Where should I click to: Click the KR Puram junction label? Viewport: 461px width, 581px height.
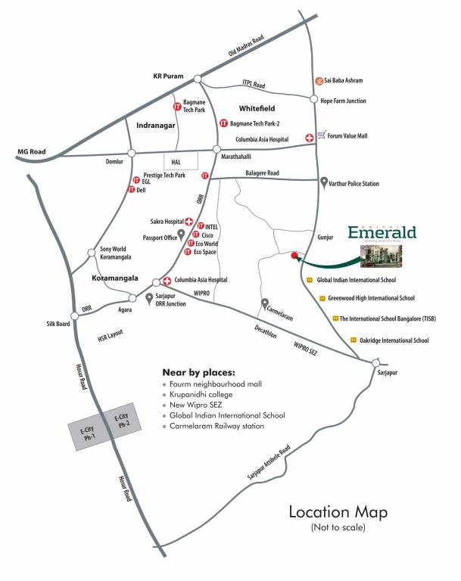point(169,76)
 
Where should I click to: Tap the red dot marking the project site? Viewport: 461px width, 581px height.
point(294,255)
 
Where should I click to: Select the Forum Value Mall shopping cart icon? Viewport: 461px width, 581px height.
point(322,135)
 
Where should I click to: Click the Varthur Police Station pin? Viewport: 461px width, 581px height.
point(324,182)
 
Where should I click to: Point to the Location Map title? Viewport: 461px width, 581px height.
point(338,512)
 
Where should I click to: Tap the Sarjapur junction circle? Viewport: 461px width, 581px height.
point(376,362)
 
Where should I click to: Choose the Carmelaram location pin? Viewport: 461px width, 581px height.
point(265,303)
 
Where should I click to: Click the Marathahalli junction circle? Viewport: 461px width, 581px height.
point(216,149)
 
